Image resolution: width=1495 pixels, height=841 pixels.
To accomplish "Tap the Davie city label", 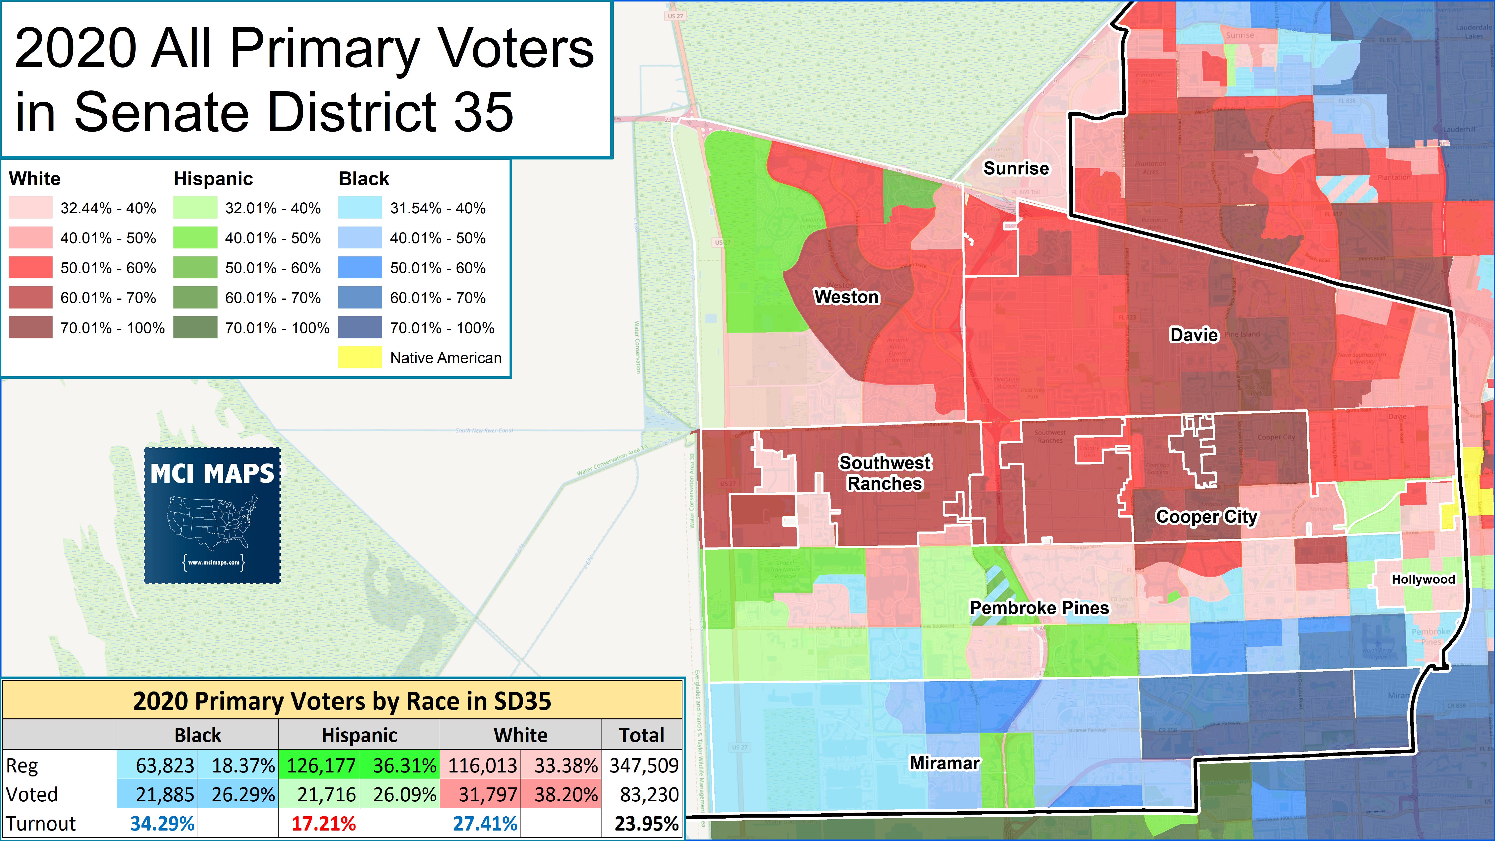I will [x=1194, y=335].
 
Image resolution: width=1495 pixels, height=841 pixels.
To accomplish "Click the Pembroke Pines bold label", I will [x=1040, y=608].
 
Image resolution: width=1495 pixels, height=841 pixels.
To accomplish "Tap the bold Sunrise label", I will [x=1016, y=168].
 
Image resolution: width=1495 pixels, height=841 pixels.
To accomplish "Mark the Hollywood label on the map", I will [x=1423, y=579].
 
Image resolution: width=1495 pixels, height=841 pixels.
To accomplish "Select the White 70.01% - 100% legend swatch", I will [x=30, y=328].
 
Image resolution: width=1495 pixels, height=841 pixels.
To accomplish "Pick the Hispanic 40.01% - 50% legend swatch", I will [x=195, y=238].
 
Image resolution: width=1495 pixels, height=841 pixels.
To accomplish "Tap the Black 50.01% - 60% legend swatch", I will [x=360, y=268].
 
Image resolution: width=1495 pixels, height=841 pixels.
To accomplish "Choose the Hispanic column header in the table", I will [x=359, y=735].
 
